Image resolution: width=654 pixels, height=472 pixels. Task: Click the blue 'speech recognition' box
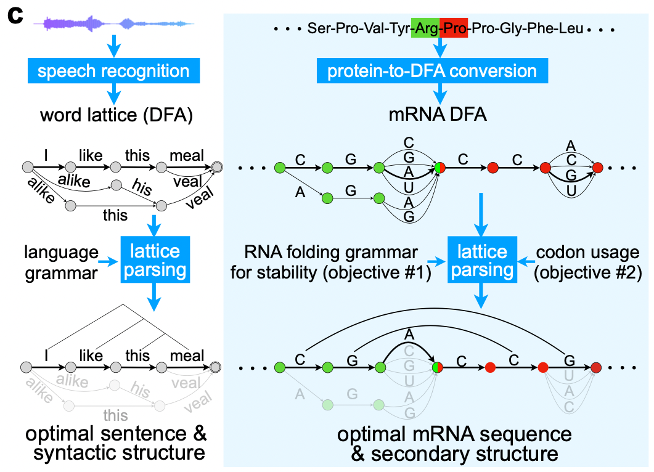tap(113, 70)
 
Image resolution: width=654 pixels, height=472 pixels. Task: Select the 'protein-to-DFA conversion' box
tap(432, 70)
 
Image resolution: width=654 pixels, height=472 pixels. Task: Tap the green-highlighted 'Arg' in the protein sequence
tap(425, 28)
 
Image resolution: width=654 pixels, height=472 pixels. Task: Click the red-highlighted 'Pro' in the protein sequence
tap(454, 28)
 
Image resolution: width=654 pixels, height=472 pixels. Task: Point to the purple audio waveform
tap(113, 24)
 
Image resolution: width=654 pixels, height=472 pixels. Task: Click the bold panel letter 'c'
tap(15, 16)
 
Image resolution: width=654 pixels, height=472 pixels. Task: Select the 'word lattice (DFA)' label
tap(116, 115)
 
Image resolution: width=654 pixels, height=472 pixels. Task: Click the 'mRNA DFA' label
tap(438, 114)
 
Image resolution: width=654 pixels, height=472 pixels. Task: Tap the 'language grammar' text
tap(61, 262)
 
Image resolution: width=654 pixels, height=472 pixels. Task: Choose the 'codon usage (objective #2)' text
tap(587, 262)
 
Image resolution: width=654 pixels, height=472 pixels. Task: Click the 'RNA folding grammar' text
tap(331, 252)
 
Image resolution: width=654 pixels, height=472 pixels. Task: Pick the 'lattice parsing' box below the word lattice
tap(155, 260)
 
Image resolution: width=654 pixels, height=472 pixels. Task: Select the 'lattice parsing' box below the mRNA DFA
tap(482, 260)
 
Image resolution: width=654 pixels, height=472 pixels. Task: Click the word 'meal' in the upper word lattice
tap(186, 155)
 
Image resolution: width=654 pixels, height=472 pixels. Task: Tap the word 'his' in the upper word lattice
tap(142, 186)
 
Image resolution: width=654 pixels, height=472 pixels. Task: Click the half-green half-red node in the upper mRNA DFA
tap(439, 168)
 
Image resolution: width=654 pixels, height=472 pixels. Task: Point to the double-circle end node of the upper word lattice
tap(217, 167)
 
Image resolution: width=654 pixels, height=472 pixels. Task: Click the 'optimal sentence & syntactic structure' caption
tap(116, 443)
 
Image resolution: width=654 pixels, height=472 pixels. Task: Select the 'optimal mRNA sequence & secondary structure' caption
tap(455, 444)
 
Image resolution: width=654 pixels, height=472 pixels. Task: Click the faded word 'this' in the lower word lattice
tap(115, 415)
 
